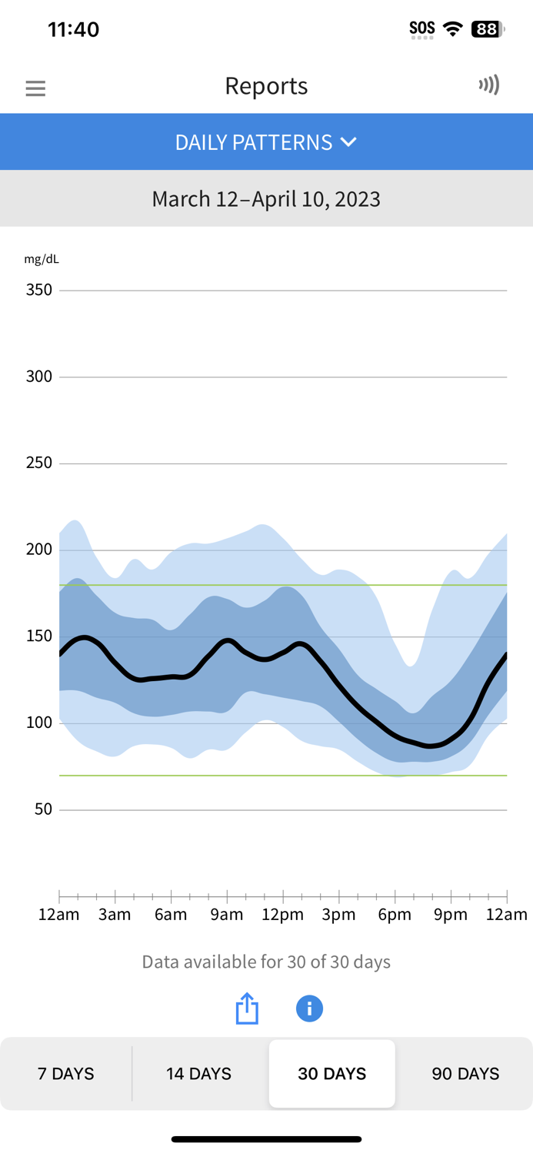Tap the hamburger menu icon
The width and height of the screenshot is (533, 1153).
(x=35, y=88)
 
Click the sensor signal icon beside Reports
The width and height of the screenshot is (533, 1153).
(x=488, y=85)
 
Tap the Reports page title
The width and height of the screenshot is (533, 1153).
(x=266, y=86)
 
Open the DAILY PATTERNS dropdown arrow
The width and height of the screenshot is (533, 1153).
(x=348, y=142)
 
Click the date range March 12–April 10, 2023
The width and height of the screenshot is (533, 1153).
(x=266, y=199)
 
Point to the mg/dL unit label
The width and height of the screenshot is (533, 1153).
(x=42, y=259)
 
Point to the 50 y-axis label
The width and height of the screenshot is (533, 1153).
(x=44, y=809)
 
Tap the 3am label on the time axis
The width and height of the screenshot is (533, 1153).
(x=115, y=915)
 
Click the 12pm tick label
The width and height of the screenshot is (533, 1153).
(x=283, y=915)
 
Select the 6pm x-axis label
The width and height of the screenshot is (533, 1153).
(x=395, y=915)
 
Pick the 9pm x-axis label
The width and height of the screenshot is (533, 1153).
(x=451, y=915)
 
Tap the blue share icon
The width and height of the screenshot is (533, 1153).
(x=247, y=1008)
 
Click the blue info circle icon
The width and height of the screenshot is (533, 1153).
(x=309, y=1008)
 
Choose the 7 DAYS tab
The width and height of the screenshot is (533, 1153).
(x=66, y=1074)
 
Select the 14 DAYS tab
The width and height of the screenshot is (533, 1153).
(x=198, y=1074)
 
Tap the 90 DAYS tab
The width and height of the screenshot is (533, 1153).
(x=465, y=1074)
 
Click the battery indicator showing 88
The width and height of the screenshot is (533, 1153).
(x=488, y=29)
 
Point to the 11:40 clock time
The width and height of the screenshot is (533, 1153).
(x=74, y=29)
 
